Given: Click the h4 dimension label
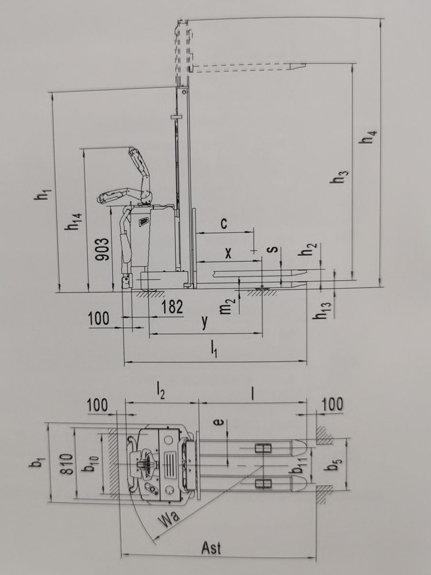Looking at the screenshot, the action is pos(368,136).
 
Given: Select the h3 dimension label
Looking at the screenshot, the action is pos(339,177).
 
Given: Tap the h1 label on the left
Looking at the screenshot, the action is pos(43,194).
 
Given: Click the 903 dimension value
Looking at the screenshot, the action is pos(102,250).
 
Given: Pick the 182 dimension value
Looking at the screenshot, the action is pos(172,306).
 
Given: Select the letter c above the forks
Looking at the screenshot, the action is pos(224,223).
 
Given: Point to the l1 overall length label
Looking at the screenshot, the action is pos(214,348).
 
